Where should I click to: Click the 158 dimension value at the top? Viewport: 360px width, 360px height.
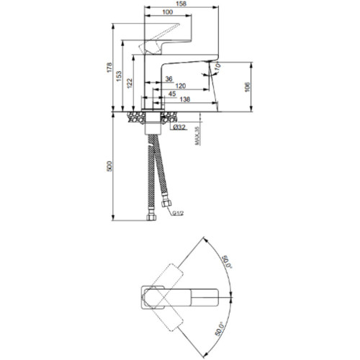(x=181, y=4)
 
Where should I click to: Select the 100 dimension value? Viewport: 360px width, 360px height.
(x=168, y=12)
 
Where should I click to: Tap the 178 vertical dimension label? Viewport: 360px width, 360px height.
(x=109, y=68)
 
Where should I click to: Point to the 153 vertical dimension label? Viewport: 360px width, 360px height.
(x=119, y=76)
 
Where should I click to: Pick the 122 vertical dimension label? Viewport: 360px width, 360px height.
(x=130, y=84)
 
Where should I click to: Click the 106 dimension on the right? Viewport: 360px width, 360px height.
(x=247, y=87)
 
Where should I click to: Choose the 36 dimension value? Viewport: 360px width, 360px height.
(x=169, y=78)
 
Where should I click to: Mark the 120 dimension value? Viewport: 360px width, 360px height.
(x=181, y=86)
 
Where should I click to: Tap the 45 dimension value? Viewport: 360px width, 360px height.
(x=172, y=94)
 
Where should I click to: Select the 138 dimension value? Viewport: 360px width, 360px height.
(x=185, y=99)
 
